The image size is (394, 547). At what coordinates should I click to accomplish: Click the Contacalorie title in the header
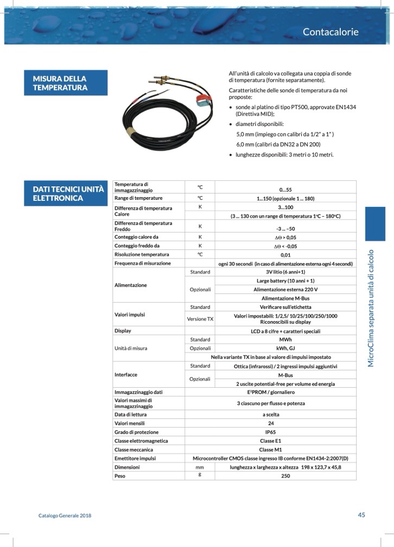pyautogui.click(x=331, y=32)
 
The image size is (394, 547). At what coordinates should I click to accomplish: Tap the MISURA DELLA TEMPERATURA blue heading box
pyautogui.click(x=68, y=83)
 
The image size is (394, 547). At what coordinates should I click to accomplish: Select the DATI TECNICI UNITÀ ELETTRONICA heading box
pyautogui.click(x=68, y=193)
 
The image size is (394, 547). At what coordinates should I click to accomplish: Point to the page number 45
pyautogui.click(x=361, y=515)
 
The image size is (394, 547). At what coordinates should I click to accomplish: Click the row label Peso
pyautogui.click(x=120, y=476)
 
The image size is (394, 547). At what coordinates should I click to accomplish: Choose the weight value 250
pyautogui.click(x=285, y=476)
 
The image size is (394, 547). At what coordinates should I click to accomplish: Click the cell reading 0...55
pyautogui.click(x=285, y=190)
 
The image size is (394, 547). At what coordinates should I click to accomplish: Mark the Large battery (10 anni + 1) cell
pyautogui.click(x=285, y=281)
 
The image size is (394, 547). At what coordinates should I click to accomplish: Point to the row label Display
pyautogui.click(x=123, y=330)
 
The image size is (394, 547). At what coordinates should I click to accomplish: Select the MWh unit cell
pyautogui.click(x=285, y=339)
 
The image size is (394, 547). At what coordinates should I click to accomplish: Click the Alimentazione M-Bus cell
pyautogui.click(x=285, y=298)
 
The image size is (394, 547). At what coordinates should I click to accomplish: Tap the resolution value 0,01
pyautogui.click(x=285, y=254)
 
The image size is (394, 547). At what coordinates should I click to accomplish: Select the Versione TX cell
pyautogui.click(x=200, y=319)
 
